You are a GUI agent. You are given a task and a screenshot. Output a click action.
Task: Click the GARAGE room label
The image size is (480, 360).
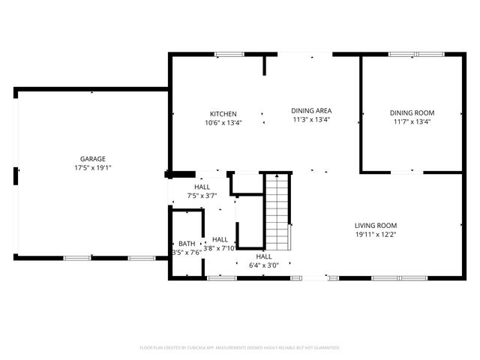[x=93, y=158]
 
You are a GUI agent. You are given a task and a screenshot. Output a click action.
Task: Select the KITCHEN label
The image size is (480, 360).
[x=223, y=114]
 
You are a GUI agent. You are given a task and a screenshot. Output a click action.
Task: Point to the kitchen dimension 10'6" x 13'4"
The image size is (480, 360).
[x=223, y=123]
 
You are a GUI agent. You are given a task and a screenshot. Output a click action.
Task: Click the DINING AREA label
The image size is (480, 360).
[x=310, y=111]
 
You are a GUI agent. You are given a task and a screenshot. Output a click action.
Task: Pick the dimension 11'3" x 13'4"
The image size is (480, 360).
[x=310, y=119]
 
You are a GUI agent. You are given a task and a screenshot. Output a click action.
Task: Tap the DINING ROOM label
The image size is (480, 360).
[x=412, y=113]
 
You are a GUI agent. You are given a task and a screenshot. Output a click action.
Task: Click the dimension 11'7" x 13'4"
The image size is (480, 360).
[x=412, y=122]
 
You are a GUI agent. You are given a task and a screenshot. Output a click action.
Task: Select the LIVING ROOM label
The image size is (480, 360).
[x=376, y=225]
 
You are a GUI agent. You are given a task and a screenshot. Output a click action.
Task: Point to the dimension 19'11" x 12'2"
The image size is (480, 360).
[x=376, y=234]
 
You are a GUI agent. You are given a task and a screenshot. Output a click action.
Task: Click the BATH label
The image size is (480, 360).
[x=186, y=244]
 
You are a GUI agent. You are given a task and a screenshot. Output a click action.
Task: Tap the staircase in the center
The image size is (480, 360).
[x=277, y=211]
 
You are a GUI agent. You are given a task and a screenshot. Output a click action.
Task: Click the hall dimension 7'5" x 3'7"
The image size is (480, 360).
[x=202, y=196]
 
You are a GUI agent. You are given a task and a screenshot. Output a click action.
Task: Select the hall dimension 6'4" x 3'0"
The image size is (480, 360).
[x=263, y=265]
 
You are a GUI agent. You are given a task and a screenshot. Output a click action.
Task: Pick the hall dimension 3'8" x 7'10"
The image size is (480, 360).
[x=220, y=247]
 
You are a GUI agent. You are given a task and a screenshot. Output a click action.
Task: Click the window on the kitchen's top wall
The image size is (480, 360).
[x=229, y=54]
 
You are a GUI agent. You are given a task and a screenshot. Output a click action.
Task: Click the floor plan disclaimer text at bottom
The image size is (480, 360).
[x=240, y=348]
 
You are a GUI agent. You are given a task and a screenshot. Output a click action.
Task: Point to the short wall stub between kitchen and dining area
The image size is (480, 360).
[x=265, y=64]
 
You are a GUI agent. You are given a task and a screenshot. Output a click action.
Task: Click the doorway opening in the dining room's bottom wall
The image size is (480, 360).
[x=401, y=172]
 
